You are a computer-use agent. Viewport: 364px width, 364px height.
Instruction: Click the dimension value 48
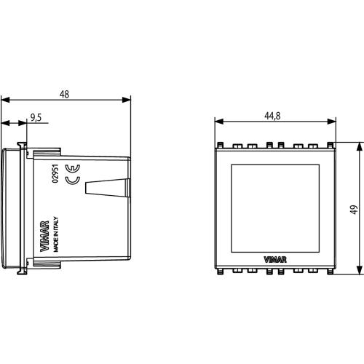64,94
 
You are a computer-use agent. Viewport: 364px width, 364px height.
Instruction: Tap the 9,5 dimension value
36,117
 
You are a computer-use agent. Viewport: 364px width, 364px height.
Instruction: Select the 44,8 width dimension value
272,116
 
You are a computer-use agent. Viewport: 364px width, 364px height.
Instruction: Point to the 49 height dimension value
354,210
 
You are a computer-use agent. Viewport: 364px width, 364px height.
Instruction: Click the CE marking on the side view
73,174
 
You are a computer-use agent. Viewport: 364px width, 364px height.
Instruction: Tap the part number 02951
56,173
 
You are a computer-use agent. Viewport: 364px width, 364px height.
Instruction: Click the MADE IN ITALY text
56,234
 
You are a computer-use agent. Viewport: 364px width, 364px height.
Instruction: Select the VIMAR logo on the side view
44,236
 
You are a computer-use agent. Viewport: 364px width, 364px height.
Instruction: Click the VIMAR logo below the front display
275,260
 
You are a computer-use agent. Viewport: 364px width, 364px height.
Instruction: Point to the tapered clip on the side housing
108,188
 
